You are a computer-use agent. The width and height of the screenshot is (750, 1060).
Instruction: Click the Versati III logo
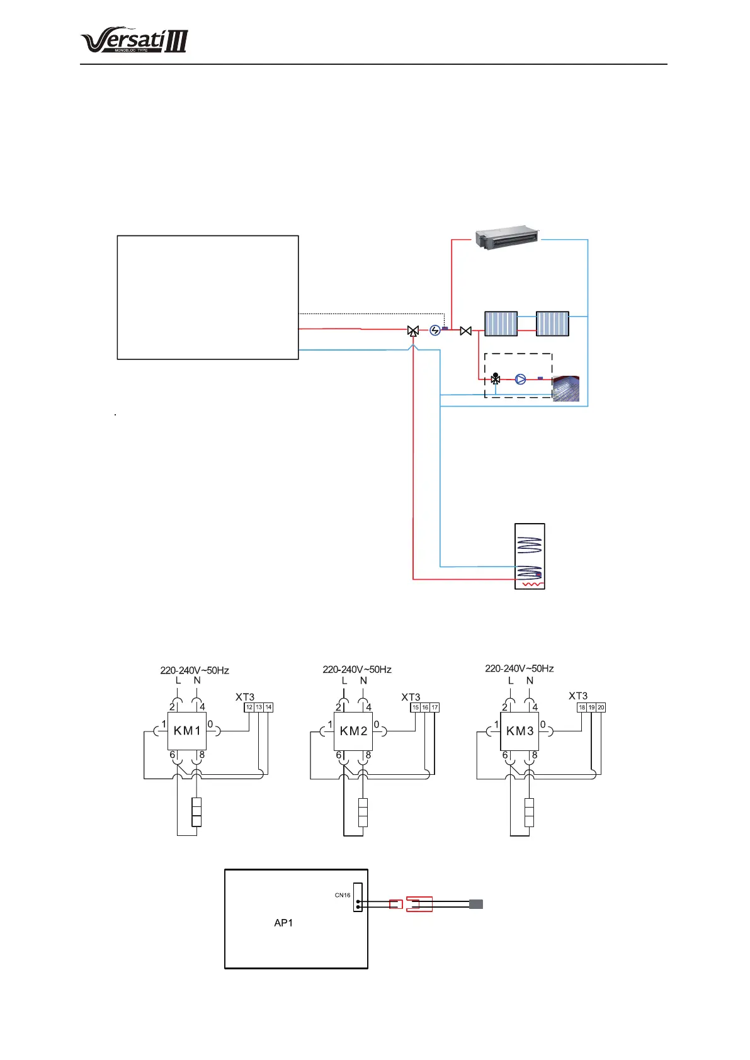[x=134, y=41]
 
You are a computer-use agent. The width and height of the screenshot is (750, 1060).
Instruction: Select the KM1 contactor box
[x=187, y=731]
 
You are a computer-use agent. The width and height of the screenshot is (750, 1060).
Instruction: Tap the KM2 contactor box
[x=353, y=731]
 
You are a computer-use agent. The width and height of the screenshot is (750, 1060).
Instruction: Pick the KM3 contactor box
[x=520, y=731]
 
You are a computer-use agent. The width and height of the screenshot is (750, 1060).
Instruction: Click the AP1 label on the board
[x=283, y=923]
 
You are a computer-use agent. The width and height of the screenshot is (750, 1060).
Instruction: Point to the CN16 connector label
[x=343, y=895]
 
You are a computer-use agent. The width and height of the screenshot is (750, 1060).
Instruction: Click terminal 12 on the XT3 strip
[x=249, y=708]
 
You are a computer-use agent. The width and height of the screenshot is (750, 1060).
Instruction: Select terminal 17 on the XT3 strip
[x=435, y=708]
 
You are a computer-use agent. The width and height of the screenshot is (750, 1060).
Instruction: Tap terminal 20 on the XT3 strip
[x=601, y=708]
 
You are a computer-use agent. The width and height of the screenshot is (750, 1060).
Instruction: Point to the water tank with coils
[x=530, y=556]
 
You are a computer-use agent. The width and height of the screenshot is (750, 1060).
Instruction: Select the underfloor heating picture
[x=565, y=388]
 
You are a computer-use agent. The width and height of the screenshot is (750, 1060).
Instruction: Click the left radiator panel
[x=501, y=324]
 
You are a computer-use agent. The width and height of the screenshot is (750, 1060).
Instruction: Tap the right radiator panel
[x=552, y=324]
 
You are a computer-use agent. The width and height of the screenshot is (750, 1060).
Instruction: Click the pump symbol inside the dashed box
[x=521, y=379]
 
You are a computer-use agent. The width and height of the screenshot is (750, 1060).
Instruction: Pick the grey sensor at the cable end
[x=476, y=905]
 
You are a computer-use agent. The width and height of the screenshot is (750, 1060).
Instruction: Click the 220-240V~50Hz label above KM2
[x=357, y=669]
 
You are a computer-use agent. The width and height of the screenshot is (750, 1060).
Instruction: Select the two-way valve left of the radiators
[x=466, y=330]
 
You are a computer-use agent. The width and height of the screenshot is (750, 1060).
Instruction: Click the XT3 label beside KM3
[x=578, y=696]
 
